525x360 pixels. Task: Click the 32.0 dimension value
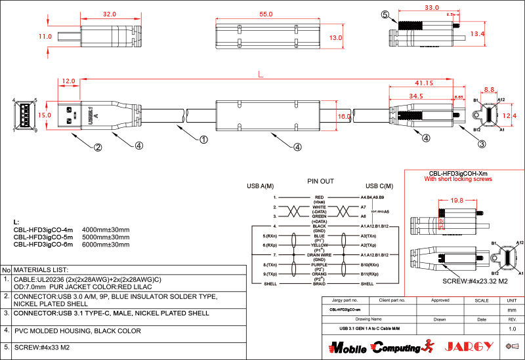click(x=110, y=14)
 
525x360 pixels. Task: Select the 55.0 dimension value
click(x=266, y=14)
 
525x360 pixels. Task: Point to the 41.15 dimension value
click(x=423, y=83)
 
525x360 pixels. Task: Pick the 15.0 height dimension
click(x=44, y=115)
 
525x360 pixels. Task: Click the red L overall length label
click(x=261, y=75)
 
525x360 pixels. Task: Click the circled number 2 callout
click(x=97, y=148)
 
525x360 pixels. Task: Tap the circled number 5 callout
click(x=385, y=14)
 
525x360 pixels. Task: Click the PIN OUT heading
click(x=320, y=180)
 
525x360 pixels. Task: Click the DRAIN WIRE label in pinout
click(x=320, y=254)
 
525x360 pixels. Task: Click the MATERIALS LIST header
click(x=41, y=270)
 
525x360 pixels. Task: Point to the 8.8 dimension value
click(x=489, y=89)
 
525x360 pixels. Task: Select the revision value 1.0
click(x=513, y=328)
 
